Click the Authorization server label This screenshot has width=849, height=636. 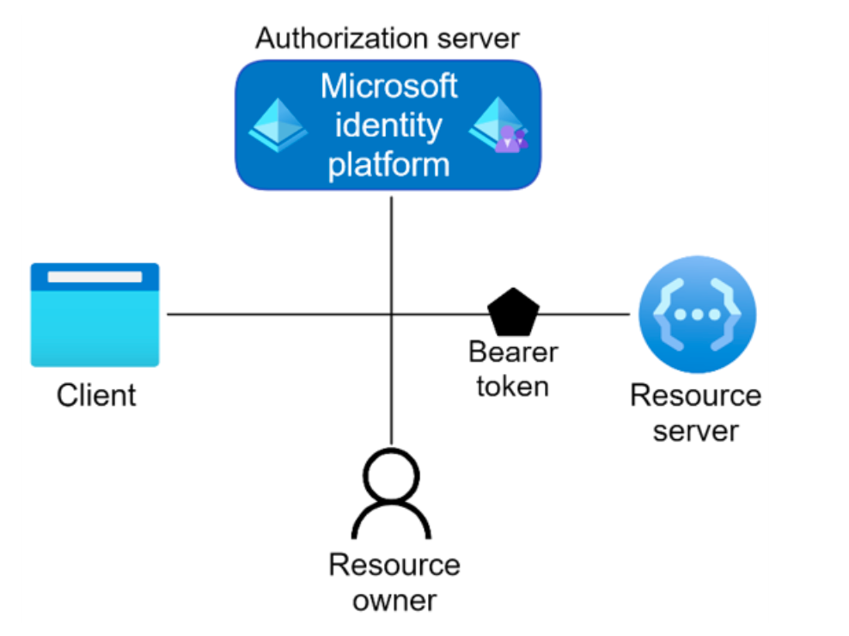point(388,39)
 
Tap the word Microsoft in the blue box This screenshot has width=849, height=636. point(388,87)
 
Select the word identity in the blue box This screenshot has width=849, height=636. point(388,125)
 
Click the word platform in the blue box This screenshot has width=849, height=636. point(388,163)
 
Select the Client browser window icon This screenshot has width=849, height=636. point(95,315)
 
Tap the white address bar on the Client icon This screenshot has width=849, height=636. point(95,278)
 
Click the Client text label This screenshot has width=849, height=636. point(96,396)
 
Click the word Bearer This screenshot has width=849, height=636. point(513,352)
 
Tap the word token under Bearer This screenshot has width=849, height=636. point(513,387)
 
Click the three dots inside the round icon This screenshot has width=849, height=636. point(697,315)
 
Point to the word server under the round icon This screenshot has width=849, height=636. point(695,431)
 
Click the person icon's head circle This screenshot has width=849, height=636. point(392,476)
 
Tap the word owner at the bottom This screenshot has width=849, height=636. point(394,601)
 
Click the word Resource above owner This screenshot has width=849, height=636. point(394,566)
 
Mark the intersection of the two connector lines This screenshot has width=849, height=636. point(392,315)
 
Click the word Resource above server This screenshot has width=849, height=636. point(695,395)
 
